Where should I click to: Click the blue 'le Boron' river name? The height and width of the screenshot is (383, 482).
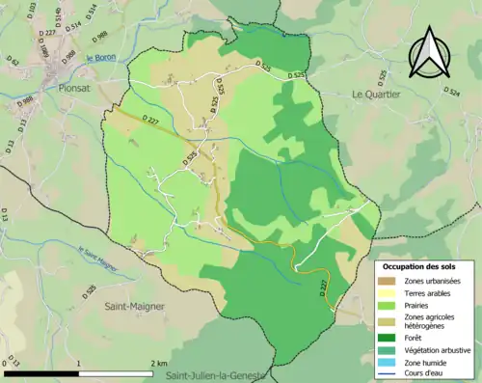99,60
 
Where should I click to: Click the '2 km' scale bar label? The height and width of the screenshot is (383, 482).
160,363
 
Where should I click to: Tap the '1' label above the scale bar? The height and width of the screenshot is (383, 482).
80,363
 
